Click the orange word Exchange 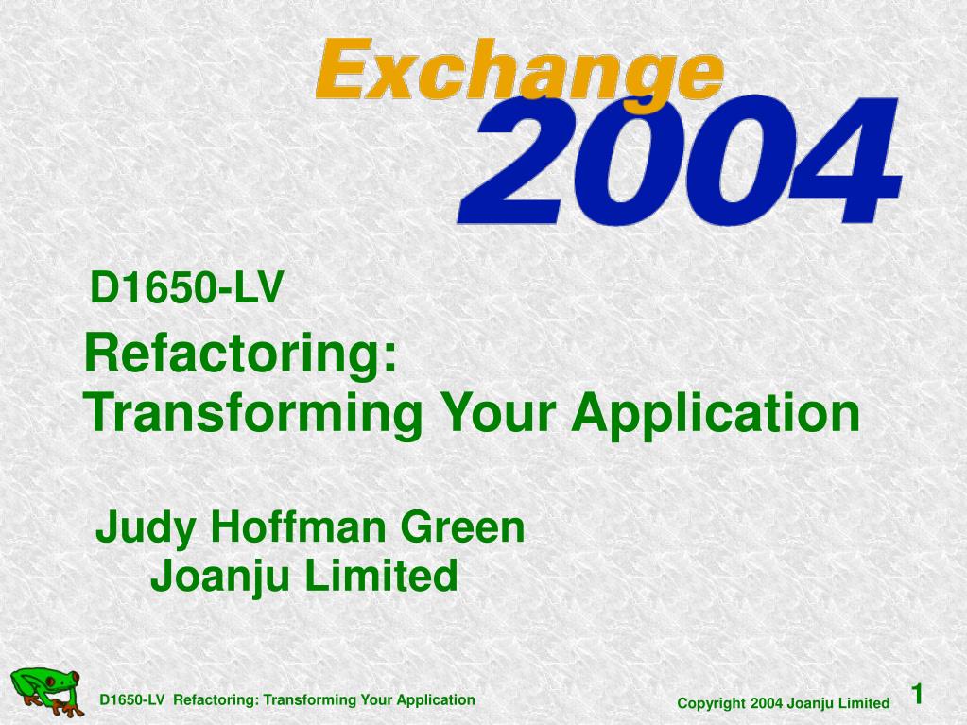click(x=519, y=72)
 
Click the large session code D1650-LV click(x=186, y=288)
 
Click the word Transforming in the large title click(x=253, y=413)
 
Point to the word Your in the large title click(x=498, y=412)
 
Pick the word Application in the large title click(x=716, y=413)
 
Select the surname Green click(x=462, y=527)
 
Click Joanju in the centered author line click(x=220, y=577)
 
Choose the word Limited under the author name click(x=381, y=576)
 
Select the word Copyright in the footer click(x=711, y=703)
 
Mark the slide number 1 click(x=918, y=694)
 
